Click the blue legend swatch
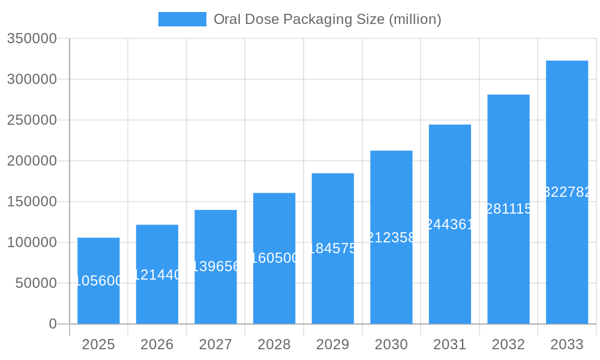[x=182, y=19]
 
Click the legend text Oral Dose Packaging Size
[x=327, y=19]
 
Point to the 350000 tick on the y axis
[x=32, y=38]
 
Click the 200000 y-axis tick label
[x=32, y=161]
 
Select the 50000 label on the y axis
[x=36, y=283]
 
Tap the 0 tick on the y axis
[x=53, y=324]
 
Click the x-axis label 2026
[x=157, y=344]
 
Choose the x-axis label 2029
[x=332, y=344]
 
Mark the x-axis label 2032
[x=508, y=344]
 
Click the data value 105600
[x=98, y=281]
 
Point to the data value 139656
[x=215, y=266]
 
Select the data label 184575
[x=332, y=248]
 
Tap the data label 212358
[x=391, y=238]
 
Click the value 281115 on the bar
[x=508, y=209]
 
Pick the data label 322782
[x=567, y=192]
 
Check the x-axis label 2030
[x=391, y=344]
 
